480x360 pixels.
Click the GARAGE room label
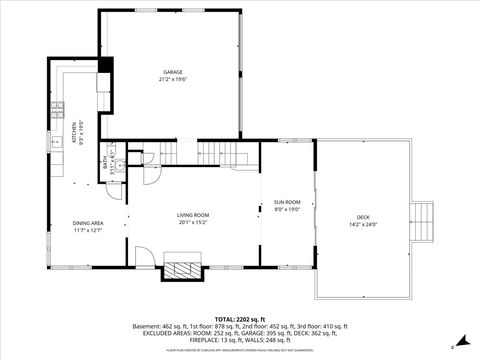tap(174, 72)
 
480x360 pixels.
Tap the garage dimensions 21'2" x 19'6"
tap(174, 80)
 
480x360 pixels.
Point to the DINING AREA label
tap(88, 222)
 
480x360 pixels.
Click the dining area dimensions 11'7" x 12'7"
tap(88, 230)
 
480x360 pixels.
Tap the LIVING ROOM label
tap(193, 215)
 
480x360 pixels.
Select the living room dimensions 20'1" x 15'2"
tap(193, 223)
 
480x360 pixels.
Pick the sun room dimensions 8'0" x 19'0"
tap(287, 209)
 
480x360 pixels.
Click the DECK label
tap(363, 217)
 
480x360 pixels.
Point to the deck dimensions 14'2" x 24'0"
tap(363, 225)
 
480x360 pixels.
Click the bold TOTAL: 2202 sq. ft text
tap(239, 316)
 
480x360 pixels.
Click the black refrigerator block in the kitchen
tap(105, 70)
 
